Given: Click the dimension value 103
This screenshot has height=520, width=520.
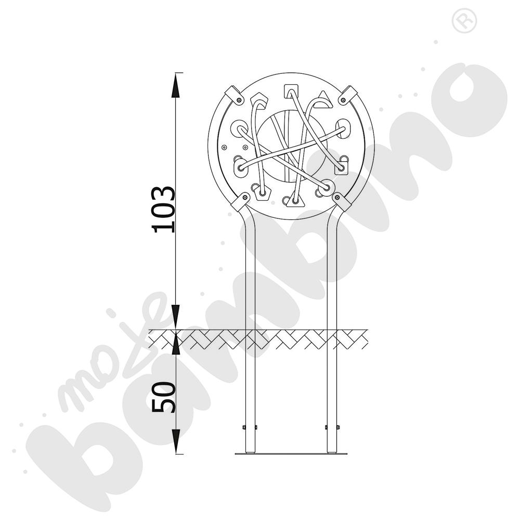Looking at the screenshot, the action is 163,209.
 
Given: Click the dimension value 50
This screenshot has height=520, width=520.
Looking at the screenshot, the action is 163,397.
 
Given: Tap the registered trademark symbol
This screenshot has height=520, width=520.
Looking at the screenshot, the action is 464,21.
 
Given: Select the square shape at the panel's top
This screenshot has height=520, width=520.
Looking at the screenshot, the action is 291,92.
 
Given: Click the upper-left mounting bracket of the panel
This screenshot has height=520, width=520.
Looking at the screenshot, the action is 233,95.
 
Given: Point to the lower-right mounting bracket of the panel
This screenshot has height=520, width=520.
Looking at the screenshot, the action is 342,201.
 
